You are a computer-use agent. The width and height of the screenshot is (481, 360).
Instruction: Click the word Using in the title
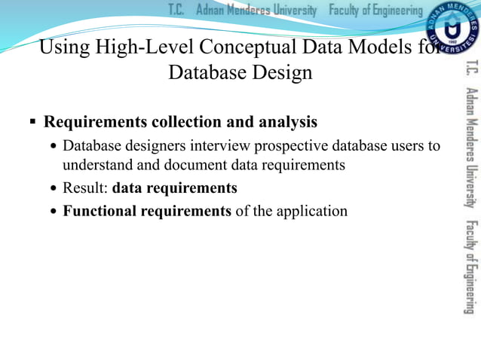[63, 47]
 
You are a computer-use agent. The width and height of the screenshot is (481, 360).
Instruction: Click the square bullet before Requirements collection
[33, 121]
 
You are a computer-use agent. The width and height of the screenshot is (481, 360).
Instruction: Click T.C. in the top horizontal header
[176, 10]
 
